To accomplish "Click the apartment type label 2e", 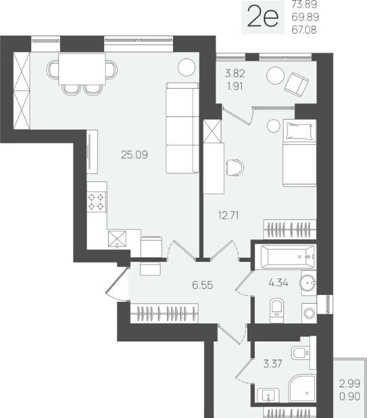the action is point(263,17).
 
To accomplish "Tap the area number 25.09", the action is point(134,155).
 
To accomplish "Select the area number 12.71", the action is point(229,215).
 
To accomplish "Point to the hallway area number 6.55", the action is point(202,286).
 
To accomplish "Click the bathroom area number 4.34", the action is point(278,283).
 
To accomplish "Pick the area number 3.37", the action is point(273,364).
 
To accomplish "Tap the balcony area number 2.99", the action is point(350,384).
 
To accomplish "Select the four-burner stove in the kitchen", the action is point(96,202).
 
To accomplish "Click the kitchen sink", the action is point(117,239).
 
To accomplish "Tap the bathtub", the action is point(288,257).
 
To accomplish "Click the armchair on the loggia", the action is point(296,84).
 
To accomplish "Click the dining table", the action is point(82,69).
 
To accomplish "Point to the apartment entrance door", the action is point(117,284).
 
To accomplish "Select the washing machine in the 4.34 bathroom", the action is point(309,313).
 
